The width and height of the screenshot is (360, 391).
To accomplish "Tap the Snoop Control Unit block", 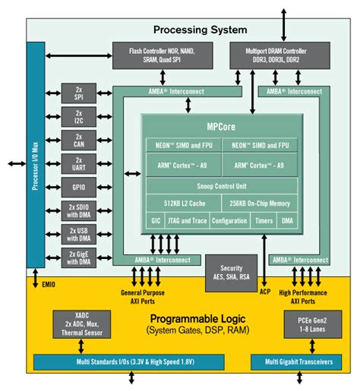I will click(221, 184).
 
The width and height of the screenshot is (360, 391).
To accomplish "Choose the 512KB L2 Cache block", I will click(182, 203).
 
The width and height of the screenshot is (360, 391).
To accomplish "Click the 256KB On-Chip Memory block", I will click(259, 203).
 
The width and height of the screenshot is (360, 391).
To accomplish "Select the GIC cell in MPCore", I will click(155, 221).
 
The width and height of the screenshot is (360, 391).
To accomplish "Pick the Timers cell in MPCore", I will click(264, 221).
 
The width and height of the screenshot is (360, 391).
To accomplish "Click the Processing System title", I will click(200, 30).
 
